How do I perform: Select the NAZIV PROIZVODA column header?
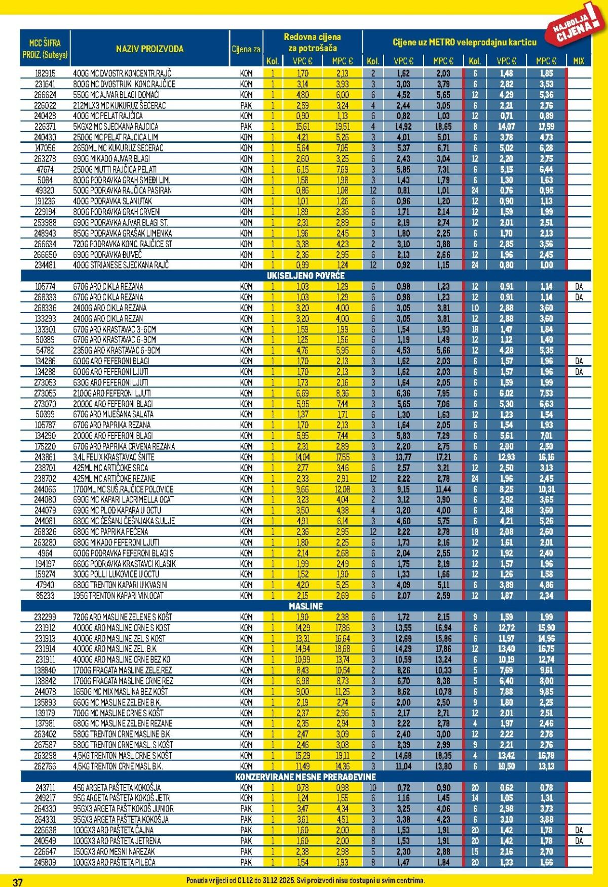149,49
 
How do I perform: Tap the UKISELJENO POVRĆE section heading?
306,276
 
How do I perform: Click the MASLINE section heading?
306,606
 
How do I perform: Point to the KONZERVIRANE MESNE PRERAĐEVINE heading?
306,777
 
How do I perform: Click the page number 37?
18,881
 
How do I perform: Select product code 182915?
45,73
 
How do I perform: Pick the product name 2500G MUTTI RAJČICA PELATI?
115,169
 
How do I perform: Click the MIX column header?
578,61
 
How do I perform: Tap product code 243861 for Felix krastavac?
45,457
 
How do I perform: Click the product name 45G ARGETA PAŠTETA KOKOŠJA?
117,788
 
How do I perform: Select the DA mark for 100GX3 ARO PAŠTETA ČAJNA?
579,830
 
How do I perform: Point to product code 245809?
45,862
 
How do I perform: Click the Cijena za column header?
246,49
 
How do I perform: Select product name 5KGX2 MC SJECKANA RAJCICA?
116,127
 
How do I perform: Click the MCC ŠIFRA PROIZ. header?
45,49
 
